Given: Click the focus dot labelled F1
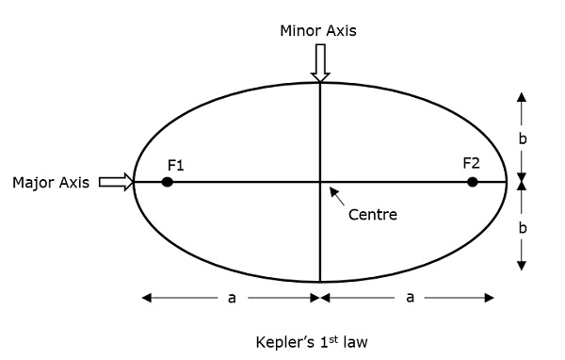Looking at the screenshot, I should [x=167, y=182].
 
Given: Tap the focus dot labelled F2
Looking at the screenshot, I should [x=473, y=182].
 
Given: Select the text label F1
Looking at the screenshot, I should [x=175, y=165].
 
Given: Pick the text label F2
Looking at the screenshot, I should [x=472, y=163].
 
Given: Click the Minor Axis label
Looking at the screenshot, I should [x=318, y=30].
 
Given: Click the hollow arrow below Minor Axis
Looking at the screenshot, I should [x=320, y=64].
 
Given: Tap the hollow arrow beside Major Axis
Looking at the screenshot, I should [x=116, y=182].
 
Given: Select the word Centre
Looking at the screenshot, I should [x=373, y=214].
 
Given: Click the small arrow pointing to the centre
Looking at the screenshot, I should [x=334, y=194].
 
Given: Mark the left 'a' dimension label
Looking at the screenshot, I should [x=232, y=298].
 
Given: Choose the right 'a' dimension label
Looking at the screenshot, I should [x=410, y=298].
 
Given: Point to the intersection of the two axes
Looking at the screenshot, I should [x=320, y=182].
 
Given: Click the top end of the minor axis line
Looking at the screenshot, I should [x=320, y=83].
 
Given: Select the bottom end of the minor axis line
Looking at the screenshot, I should [x=320, y=282].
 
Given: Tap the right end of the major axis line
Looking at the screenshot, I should [x=507, y=182].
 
